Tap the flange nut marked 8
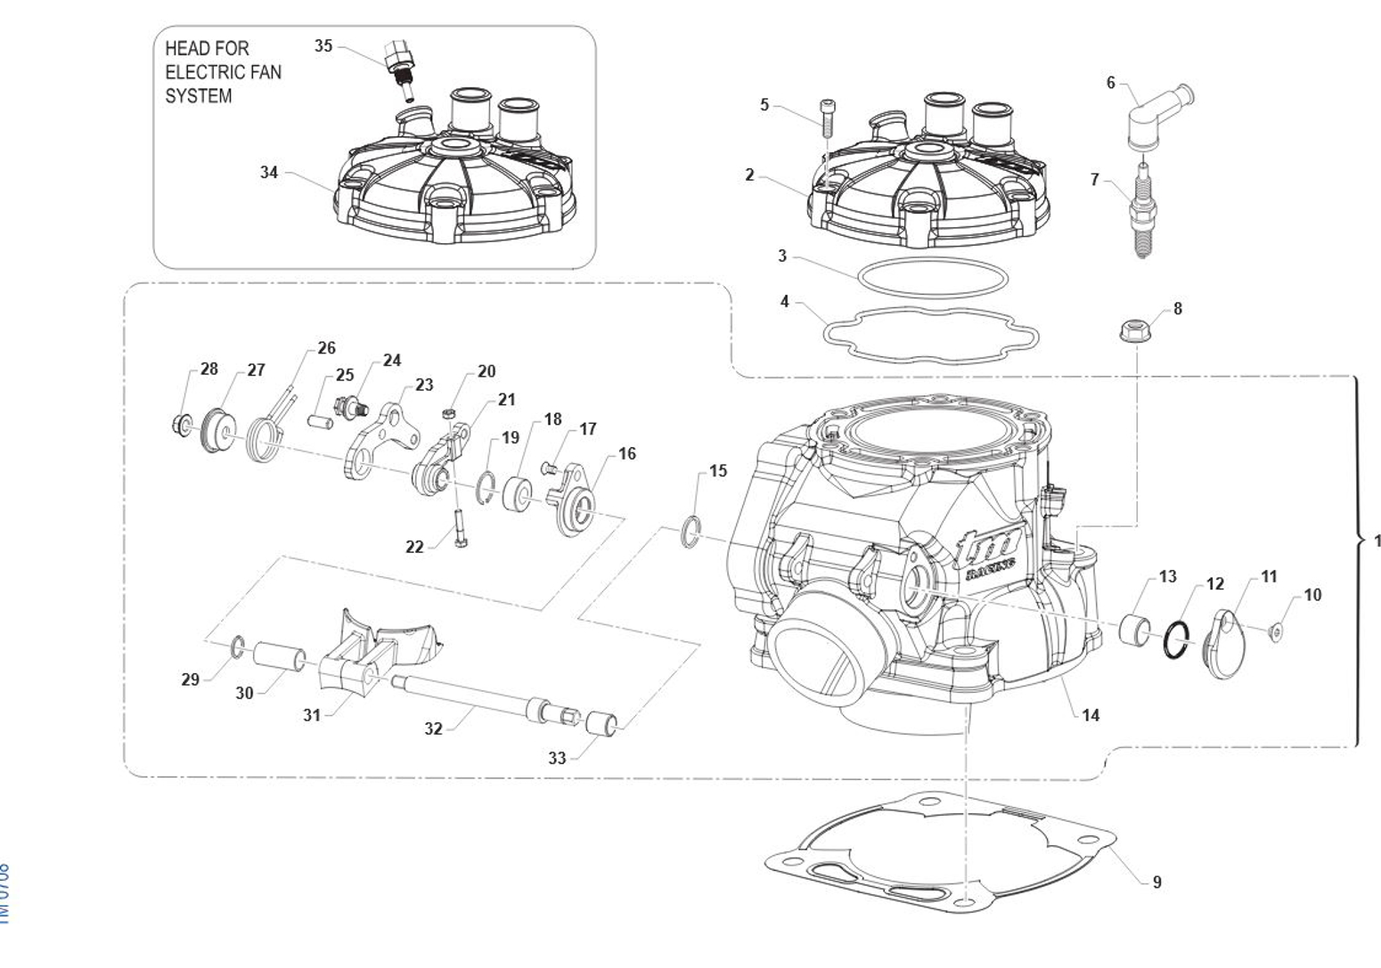point(1133,331)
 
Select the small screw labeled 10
point(1276,631)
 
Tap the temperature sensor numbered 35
point(399,68)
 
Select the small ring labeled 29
point(237,647)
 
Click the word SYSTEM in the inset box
point(198,96)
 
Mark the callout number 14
point(1091,714)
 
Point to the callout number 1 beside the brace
point(1377,541)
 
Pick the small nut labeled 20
point(450,413)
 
